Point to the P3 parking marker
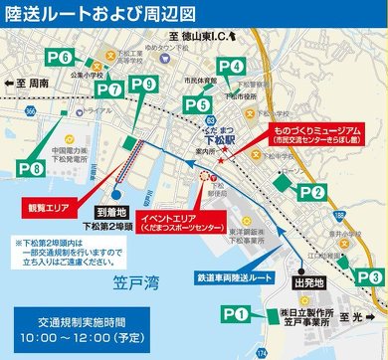[x=369, y=275]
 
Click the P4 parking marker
[x=230, y=66]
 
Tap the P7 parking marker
[x=108, y=90]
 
